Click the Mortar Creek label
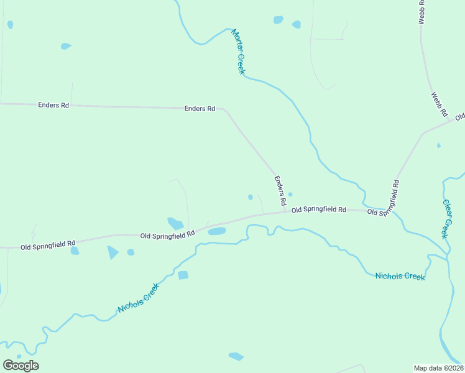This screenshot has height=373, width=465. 238,52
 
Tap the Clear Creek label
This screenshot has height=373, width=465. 446,218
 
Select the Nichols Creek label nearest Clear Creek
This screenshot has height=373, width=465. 400,275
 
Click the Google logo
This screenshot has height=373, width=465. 21,366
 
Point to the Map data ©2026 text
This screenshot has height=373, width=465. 439,367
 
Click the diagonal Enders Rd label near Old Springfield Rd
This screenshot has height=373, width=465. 280,190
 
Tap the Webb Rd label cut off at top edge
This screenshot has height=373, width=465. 421,12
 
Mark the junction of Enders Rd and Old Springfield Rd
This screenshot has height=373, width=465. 285,211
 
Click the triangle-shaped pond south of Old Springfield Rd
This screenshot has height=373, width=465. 113,252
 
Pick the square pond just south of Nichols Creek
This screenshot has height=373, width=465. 183,275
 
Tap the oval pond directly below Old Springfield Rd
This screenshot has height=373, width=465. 216,231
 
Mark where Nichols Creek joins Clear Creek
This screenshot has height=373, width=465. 446,258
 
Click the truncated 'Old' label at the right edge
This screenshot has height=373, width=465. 459,117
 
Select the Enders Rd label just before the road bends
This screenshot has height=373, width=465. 200,109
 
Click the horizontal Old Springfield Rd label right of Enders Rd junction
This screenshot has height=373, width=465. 318,210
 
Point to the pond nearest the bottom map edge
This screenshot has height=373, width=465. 236,356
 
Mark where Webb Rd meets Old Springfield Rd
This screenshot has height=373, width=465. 424,133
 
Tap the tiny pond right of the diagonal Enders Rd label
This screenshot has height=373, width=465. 290,194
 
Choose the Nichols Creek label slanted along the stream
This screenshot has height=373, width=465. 139,298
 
